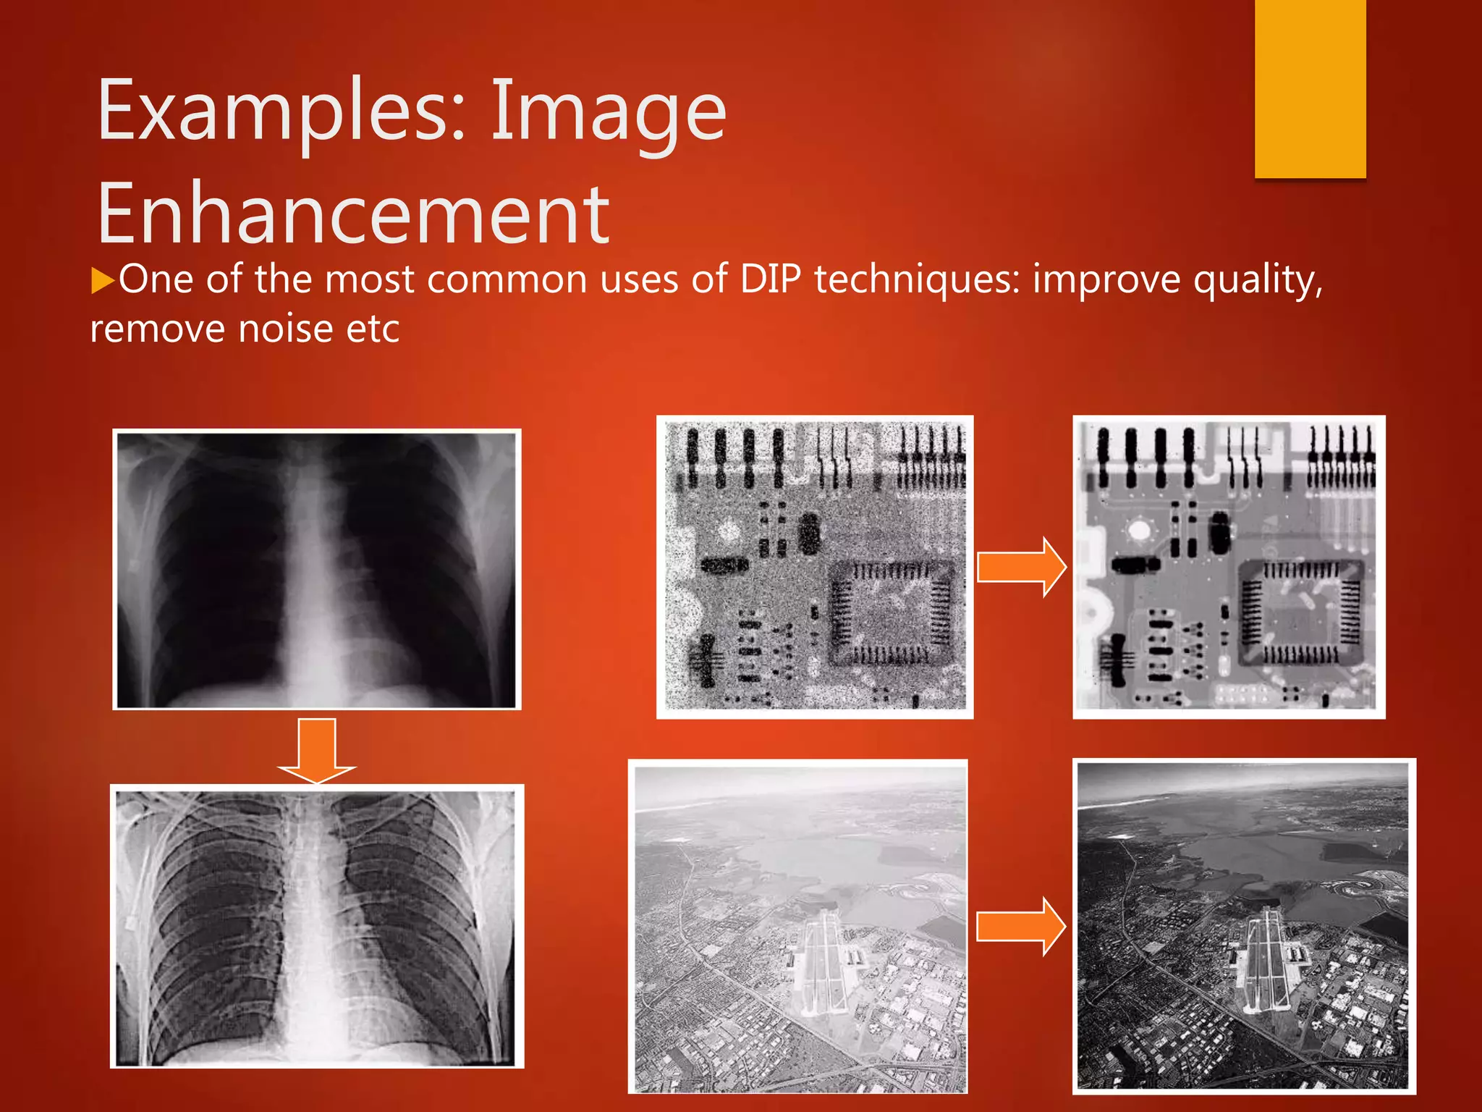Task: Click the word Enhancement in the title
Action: point(353,214)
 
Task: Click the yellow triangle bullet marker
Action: point(103,280)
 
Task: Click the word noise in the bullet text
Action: point(285,329)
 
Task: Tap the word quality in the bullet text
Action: point(1258,281)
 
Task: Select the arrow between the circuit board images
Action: point(1021,567)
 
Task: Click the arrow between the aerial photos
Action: point(1020,926)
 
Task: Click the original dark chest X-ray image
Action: point(317,569)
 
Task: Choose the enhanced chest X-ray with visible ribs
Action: point(317,926)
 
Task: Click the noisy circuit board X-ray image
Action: point(815,567)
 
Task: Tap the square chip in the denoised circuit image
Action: point(1301,612)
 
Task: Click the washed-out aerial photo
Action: point(797,926)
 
